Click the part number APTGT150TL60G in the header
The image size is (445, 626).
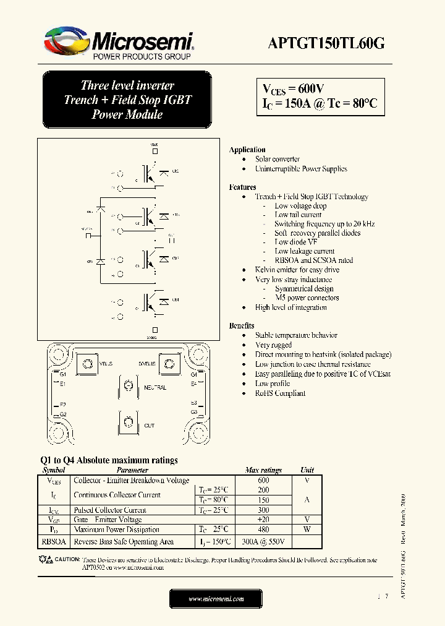[x=326, y=43]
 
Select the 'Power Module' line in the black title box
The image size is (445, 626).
[x=127, y=114]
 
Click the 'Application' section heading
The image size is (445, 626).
[x=247, y=150]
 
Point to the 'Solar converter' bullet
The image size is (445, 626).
[x=277, y=159]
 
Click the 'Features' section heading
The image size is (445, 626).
[x=242, y=187]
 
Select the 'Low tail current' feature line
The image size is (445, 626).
[x=298, y=215]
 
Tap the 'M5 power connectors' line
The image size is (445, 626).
[x=307, y=298]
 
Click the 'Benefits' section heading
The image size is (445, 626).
[x=241, y=325]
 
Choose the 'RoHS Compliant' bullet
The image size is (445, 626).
[x=280, y=393]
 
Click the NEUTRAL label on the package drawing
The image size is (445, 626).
[x=155, y=387]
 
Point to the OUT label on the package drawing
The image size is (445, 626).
[x=150, y=426]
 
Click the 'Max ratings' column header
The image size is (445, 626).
[x=263, y=470]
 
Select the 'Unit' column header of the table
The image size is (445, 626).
[x=307, y=470]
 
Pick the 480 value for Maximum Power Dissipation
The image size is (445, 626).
[x=263, y=530]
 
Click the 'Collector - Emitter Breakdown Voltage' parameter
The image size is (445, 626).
[x=131, y=481]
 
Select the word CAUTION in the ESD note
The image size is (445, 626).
[x=68, y=559]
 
